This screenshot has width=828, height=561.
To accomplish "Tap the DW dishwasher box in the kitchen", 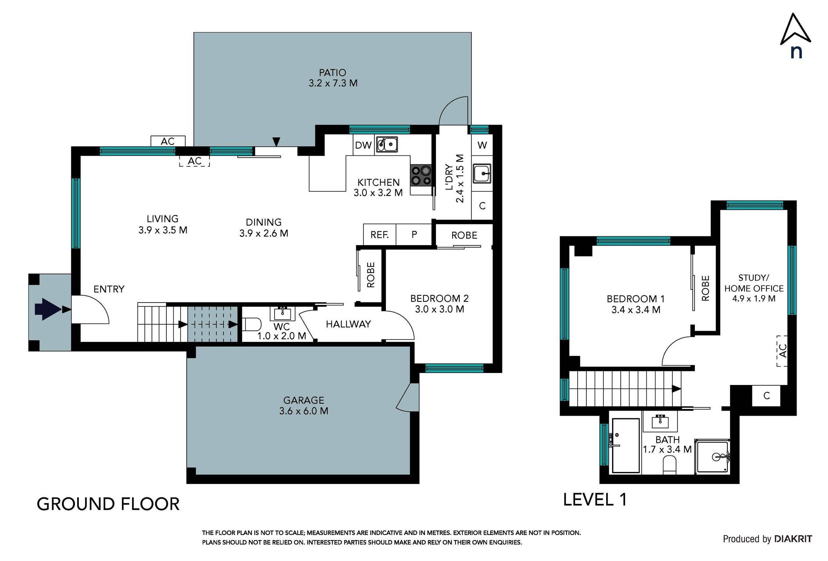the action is click(x=364, y=145).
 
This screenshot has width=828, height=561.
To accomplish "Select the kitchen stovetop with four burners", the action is click(x=421, y=175).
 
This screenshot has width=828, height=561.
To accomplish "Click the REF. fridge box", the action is click(x=380, y=235).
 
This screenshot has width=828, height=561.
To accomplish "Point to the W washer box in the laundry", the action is click(x=482, y=145).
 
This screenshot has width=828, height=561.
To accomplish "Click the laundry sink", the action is click(x=482, y=174).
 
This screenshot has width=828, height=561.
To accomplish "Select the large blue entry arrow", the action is click(x=47, y=309).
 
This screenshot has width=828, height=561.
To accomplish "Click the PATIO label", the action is click(x=332, y=73).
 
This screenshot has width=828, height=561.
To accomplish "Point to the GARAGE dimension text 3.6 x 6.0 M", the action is click(x=303, y=411).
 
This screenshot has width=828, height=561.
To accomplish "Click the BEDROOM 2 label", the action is click(x=439, y=299).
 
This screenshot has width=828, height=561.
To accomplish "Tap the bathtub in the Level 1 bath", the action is click(x=625, y=445).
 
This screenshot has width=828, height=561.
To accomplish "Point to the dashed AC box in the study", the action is click(x=782, y=351).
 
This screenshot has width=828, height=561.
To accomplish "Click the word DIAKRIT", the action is click(x=793, y=539).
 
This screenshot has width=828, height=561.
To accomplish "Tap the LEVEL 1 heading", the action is click(x=595, y=500).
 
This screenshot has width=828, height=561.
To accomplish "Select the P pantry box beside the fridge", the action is click(x=414, y=235).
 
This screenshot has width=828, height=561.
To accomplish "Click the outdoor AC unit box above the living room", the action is click(x=168, y=141).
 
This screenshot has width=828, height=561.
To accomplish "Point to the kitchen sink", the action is click(x=387, y=144).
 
